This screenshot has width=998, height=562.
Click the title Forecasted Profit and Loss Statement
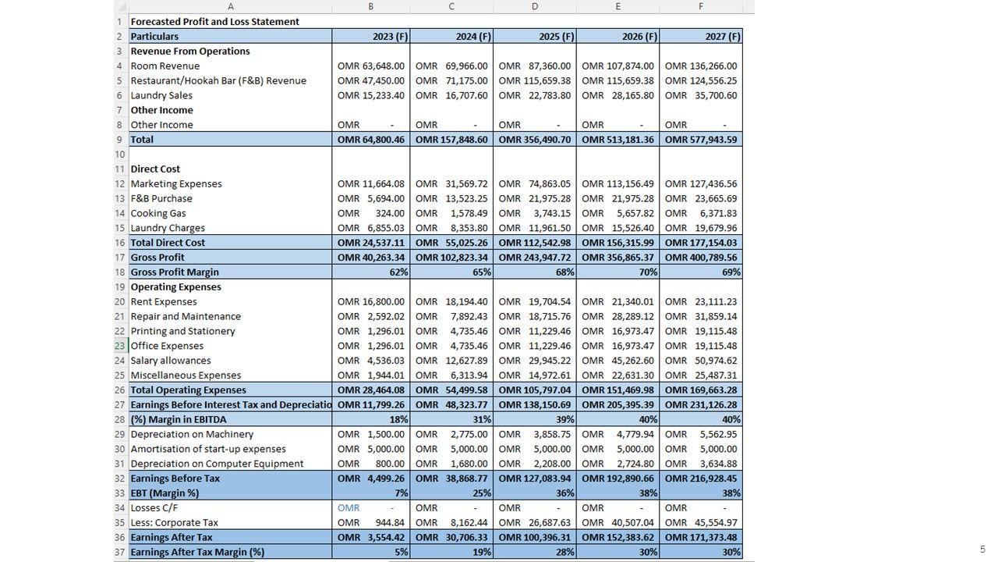point(214,22)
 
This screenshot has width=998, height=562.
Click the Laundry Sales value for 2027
point(700,96)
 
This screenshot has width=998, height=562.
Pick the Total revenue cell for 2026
point(618,140)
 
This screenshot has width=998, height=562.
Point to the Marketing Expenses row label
point(176,184)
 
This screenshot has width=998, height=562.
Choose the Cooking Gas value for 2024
point(451,213)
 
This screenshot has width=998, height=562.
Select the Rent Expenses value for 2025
point(534,302)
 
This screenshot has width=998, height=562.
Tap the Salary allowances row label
point(171,361)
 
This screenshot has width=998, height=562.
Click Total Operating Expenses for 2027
point(700,390)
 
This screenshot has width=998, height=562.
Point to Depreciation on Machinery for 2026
point(618,435)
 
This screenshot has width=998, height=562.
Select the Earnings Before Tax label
point(175,478)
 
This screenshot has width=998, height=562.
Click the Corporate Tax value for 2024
point(451,523)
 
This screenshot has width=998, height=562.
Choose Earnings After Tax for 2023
point(371,538)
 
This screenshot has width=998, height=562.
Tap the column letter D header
point(535,6)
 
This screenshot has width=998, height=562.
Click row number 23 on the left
point(119,346)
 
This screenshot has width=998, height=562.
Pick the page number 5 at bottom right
point(982,550)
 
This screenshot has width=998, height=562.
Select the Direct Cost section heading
point(155,169)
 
